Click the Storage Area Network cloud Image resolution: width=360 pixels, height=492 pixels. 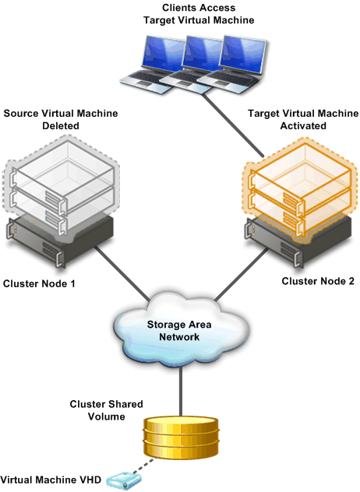pos(181,329)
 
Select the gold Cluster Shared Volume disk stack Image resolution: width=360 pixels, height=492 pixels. pos(181,437)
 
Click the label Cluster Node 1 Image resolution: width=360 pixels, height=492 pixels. pos(39,283)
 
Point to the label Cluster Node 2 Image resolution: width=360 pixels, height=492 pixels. pos(318,281)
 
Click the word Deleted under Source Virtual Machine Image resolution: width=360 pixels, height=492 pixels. pos(61,126)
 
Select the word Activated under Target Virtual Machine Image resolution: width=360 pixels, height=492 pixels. pos(303,126)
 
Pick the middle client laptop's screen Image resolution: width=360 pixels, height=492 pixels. pos(202,54)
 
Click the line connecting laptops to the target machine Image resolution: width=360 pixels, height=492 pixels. pos(232,125)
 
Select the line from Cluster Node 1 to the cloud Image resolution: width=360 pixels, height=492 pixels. pos(122,273)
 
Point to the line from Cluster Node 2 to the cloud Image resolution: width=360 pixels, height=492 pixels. pos(242,274)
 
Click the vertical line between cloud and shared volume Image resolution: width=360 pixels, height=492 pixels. pos(181,392)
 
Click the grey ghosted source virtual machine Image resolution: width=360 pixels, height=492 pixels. pos(62,185)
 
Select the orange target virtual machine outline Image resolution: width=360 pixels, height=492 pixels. pos(300,190)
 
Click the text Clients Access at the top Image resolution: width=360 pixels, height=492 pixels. pos(199,8)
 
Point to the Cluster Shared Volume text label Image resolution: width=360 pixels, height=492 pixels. pos(106,410)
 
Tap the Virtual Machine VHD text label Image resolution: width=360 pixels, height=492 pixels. pos(51,480)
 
